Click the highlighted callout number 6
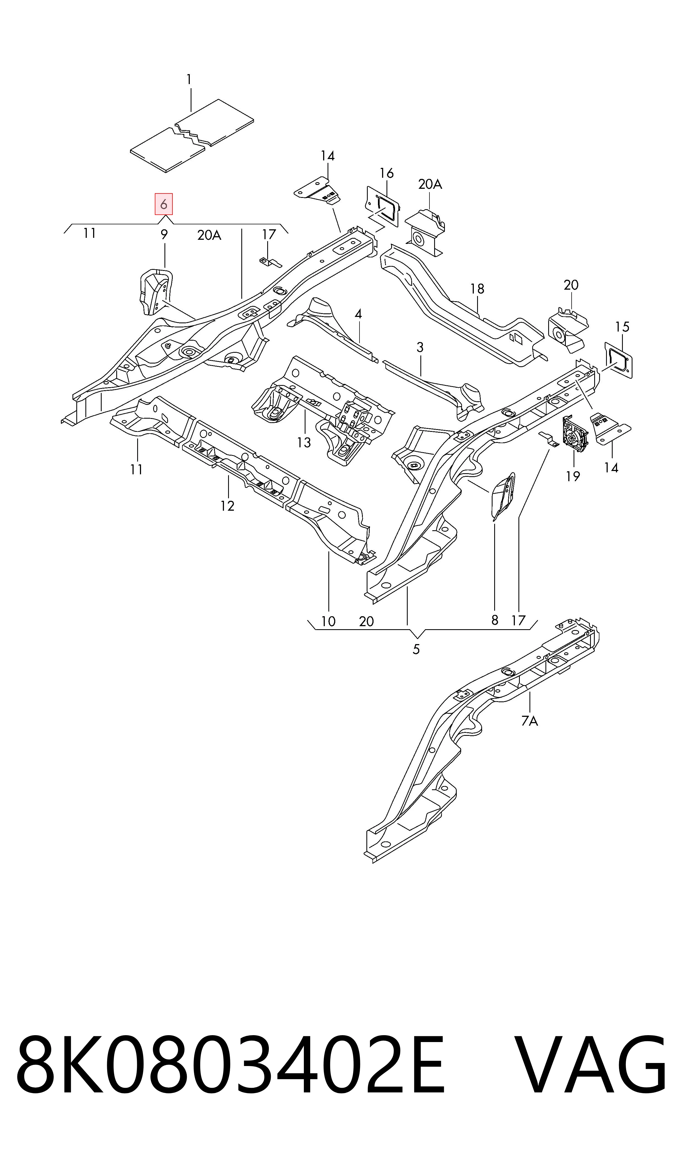coord(164,204)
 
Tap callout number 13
coord(304,443)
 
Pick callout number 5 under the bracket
coord(416,649)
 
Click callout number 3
coord(420,347)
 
